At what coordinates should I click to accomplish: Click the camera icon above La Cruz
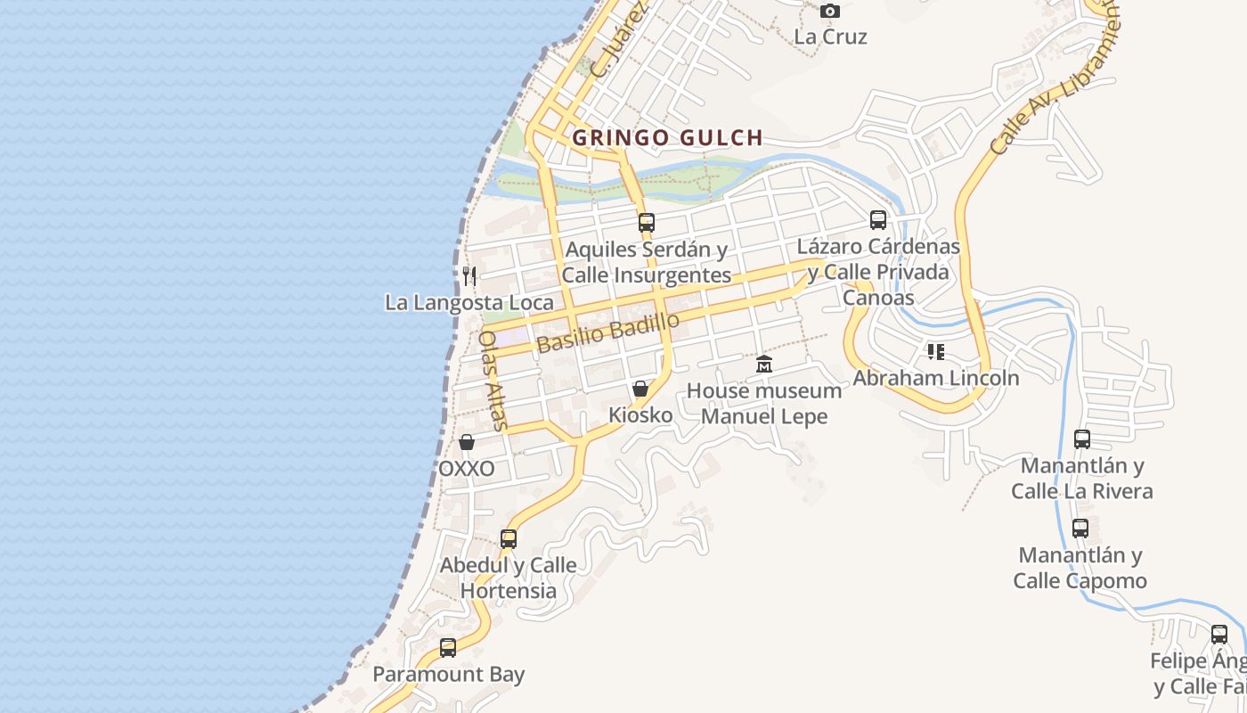(x=830, y=12)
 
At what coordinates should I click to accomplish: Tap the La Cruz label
(x=830, y=37)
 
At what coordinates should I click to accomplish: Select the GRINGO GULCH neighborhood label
(x=667, y=138)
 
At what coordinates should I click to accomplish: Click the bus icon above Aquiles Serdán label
(x=647, y=223)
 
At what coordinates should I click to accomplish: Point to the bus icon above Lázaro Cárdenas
(x=878, y=220)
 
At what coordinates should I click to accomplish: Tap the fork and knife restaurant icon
(x=469, y=276)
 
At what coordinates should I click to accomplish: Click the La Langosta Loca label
(x=469, y=303)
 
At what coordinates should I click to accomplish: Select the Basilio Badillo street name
(x=608, y=332)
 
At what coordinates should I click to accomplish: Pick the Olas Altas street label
(x=492, y=381)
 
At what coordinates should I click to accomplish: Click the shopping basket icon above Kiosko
(x=640, y=389)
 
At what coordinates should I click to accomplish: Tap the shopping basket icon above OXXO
(x=467, y=442)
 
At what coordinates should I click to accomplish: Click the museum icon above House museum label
(x=764, y=365)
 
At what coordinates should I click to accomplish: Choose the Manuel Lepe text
(x=764, y=416)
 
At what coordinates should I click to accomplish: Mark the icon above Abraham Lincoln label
(x=935, y=352)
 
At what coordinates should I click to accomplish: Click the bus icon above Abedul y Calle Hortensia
(x=509, y=539)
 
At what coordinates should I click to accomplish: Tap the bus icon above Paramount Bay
(x=448, y=648)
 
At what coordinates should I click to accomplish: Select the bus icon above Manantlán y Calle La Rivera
(x=1082, y=439)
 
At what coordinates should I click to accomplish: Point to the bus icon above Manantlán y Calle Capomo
(x=1080, y=529)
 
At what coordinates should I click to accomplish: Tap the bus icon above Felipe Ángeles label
(x=1219, y=635)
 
